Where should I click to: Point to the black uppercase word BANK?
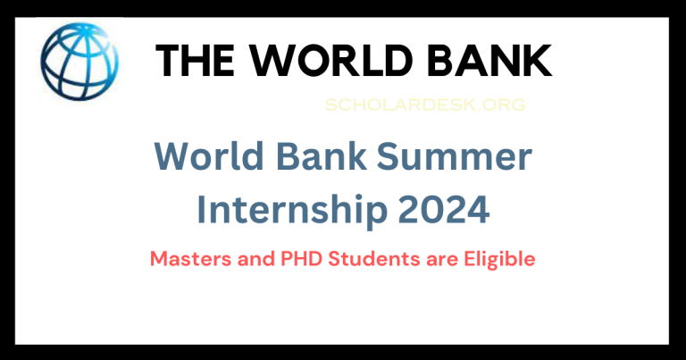(x=487, y=60)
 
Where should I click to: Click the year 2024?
(x=444, y=211)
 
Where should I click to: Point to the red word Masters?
(x=186, y=260)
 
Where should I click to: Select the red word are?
(x=423, y=260)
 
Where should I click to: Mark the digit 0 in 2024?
(x=431, y=211)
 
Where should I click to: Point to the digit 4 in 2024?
(x=478, y=211)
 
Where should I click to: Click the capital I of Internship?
(x=202, y=211)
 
